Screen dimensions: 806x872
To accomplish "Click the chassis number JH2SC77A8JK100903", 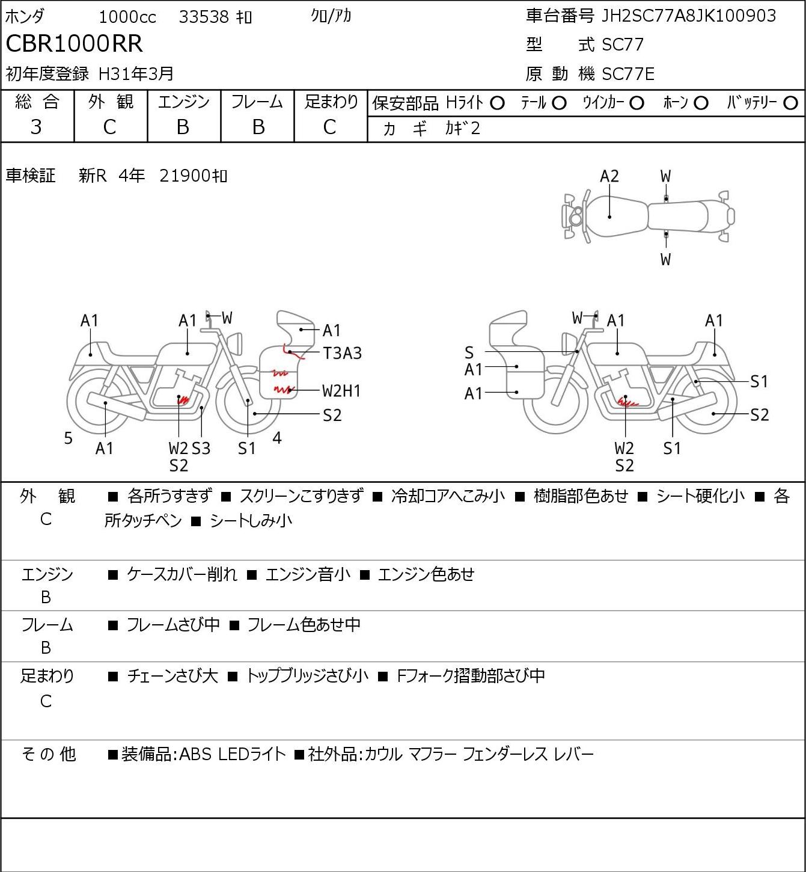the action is (x=688, y=16).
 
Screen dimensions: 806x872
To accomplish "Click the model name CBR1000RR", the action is (x=74, y=43).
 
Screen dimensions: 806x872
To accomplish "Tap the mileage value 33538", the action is (x=204, y=17).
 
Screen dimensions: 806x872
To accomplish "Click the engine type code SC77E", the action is (x=627, y=74).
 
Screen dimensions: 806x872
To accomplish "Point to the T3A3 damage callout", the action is (x=342, y=353).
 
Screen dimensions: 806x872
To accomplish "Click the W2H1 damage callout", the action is (x=341, y=391).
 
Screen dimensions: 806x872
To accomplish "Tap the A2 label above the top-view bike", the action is (x=609, y=177).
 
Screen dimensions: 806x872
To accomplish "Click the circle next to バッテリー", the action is (x=790, y=103).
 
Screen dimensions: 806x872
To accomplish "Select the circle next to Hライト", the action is (x=497, y=103).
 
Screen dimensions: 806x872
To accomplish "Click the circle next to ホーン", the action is (x=701, y=103).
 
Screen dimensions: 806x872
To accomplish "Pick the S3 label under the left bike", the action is (x=201, y=448).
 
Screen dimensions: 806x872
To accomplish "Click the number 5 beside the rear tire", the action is (x=68, y=438).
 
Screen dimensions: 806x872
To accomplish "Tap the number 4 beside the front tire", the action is (x=277, y=437).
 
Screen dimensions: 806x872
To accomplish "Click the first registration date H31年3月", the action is (x=136, y=74).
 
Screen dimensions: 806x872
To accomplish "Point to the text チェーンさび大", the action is (x=172, y=676).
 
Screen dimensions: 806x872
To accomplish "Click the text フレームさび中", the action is (x=173, y=625).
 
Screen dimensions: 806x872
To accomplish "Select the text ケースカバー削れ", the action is (x=182, y=574).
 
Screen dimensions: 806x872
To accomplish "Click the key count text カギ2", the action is (x=463, y=129).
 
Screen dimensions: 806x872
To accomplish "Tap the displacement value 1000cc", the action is (x=127, y=17).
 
